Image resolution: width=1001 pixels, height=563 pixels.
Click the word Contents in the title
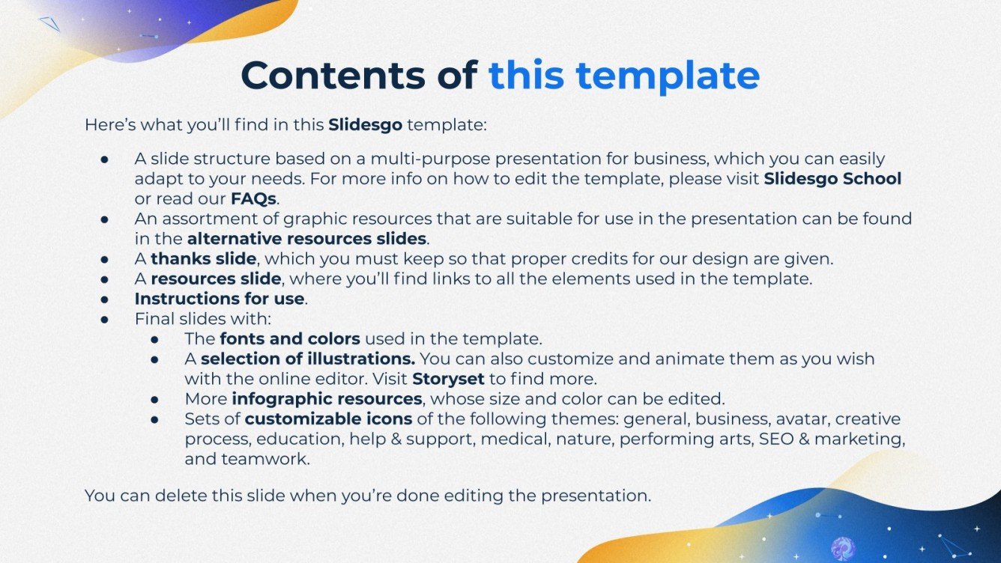[x=359, y=75]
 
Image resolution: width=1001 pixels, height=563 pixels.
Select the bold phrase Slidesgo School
[x=832, y=179]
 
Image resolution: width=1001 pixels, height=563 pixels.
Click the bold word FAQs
[x=253, y=199]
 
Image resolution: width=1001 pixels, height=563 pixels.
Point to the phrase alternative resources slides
[x=306, y=240]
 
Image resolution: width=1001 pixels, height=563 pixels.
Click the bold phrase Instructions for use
[x=219, y=299]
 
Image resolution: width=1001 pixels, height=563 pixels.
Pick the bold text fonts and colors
[x=290, y=338]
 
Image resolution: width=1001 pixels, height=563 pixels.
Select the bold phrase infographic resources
[x=327, y=398]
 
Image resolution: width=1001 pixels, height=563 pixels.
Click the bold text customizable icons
[x=328, y=419]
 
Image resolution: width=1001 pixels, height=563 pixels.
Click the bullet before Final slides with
[x=106, y=319]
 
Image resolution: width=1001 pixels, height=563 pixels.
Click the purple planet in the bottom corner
[x=841, y=548]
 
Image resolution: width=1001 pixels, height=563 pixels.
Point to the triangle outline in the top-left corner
[x=50, y=25]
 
